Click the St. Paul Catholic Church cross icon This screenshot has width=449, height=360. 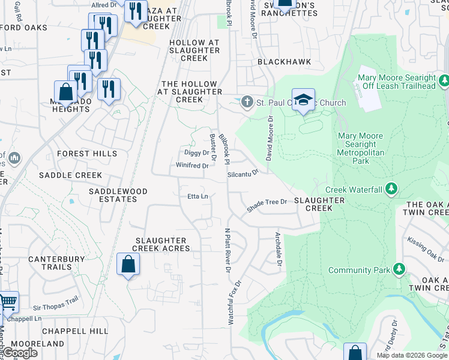pyautogui.click(x=247, y=103)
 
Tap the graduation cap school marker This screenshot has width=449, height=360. pyautogui.click(x=304, y=100)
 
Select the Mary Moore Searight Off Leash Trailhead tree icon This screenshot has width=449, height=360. pyautogui.click(x=444, y=80)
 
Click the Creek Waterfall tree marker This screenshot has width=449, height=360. pyautogui.click(x=391, y=190)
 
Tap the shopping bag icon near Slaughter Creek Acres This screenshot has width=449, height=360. pyautogui.click(x=128, y=265)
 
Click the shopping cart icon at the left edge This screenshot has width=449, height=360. pyautogui.click(x=7, y=302)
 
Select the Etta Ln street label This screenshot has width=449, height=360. pyautogui.click(x=197, y=196)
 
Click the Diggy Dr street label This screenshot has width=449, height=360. pyautogui.click(x=196, y=152)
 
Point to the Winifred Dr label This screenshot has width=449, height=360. pyautogui.click(x=192, y=166)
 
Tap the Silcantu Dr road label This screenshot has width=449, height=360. pyautogui.click(x=243, y=173)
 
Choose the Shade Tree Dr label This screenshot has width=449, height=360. pyautogui.click(x=267, y=206)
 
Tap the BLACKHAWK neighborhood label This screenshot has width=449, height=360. pyautogui.click(x=278, y=62)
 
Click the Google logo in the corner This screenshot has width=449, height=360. pyautogui.click(x=20, y=353)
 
